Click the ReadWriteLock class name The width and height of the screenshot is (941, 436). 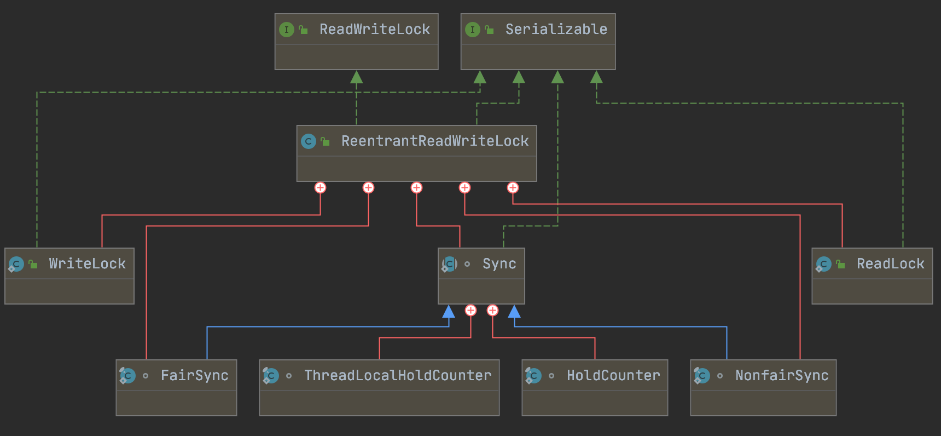(x=374, y=30)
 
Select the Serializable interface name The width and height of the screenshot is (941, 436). (x=556, y=30)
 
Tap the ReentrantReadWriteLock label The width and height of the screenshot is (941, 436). (x=435, y=141)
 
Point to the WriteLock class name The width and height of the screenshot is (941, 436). (x=87, y=264)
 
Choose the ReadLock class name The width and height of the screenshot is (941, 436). (x=890, y=264)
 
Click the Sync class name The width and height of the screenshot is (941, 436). (x=499, y=264)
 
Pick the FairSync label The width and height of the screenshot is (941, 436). (x=194, y=376)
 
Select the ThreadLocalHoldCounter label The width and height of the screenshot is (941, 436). (x=398, y=376)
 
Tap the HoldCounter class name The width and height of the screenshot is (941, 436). (x=613, y=376)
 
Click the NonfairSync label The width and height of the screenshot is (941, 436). (x=782, y=376)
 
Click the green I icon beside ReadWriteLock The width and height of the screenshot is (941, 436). (x=286, y=30)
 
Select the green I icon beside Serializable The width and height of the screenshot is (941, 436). (x=472, y=30)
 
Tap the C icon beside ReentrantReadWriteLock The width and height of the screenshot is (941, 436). (x=309, y=141)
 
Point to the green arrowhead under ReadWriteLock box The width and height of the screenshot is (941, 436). (x=356, y=77)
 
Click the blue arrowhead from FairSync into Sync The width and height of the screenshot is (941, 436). (x=449, y=312)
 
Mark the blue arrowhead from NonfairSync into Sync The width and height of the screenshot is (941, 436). (x=514, y=312)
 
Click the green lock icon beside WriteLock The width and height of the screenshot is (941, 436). (x=33, y=265)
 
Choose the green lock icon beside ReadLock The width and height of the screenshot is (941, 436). (x=841, y=265)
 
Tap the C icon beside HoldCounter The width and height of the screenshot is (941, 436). (x=533, y=376)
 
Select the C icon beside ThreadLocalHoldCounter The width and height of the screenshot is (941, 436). (x=271, y=376)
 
